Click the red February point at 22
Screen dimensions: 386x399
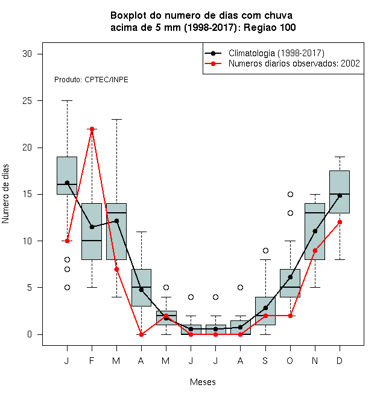92,129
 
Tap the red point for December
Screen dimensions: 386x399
340,222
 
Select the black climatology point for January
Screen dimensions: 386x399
67,183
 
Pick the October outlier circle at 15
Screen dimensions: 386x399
290,195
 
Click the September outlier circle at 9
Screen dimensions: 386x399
265,251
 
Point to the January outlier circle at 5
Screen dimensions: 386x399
67,288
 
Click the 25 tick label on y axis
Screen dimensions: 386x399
27,101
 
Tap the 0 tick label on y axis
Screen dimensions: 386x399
30,334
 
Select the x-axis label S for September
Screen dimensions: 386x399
265,361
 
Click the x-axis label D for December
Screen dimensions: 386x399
340,361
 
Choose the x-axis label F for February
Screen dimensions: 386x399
92,361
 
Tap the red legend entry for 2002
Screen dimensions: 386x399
282,63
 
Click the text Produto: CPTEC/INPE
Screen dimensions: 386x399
91,80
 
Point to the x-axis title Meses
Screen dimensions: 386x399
203,382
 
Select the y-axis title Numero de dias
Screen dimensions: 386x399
5,194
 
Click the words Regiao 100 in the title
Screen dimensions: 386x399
270,27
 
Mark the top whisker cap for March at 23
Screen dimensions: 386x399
116,119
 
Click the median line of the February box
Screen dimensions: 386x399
92,241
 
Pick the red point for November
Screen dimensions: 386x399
315,251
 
